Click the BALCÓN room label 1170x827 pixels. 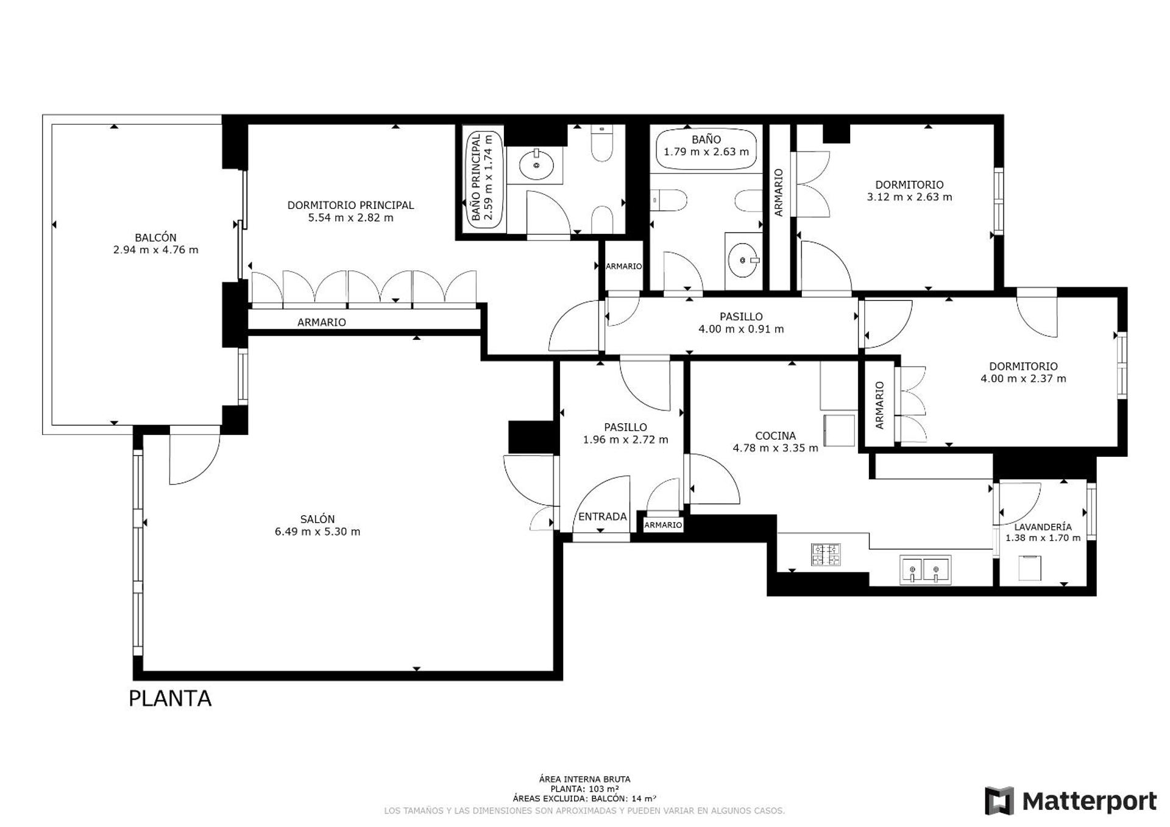(x=155, y=238)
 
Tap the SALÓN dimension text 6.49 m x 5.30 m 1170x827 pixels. (x=317, y=532)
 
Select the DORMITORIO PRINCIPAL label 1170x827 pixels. (x=350, y=205)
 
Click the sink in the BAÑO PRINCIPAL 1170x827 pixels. (x=536, y=165)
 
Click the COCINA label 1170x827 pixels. (x=775, y=435)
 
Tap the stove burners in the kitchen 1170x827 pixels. (x=825, y=554)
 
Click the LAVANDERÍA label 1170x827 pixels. (x=1043, y=527)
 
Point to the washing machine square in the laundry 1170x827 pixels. (x=1030, y=568)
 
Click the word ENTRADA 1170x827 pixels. (x=602, y=516)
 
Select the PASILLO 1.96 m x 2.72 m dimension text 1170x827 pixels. (x=625, y=440)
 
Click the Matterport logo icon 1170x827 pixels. (x=999, y=800)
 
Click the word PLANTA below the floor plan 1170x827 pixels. (x=170, y=699)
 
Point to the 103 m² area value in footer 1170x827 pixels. (x=606, y=789)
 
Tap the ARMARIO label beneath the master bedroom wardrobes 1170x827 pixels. (x=321, y=322)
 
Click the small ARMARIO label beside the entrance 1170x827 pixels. (x=662, y=524)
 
